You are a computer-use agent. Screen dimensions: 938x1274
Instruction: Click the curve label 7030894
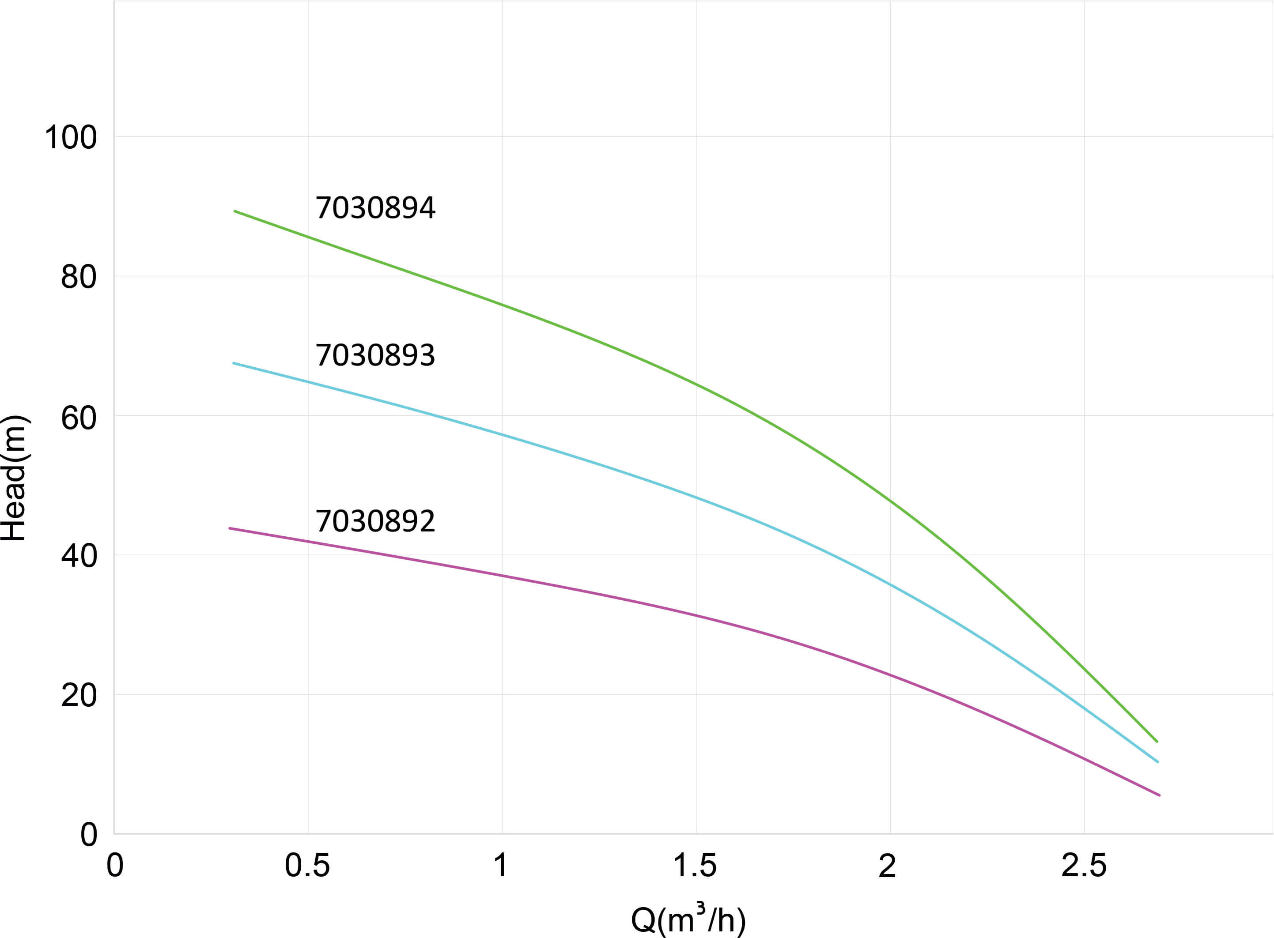click(x=375, y=208)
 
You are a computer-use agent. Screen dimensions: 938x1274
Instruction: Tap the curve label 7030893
click(x=375, y=355)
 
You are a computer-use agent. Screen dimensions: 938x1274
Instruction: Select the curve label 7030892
click(x=375, y=521)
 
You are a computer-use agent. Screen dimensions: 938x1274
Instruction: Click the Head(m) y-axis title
click(x=14, y=478)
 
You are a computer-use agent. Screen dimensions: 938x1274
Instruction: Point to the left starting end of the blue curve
click(x=234, y=363)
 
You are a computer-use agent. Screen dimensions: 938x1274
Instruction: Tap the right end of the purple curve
click(x=1159, y=795)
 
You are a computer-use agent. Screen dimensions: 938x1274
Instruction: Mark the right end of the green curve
click(x=1157, y=742)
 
